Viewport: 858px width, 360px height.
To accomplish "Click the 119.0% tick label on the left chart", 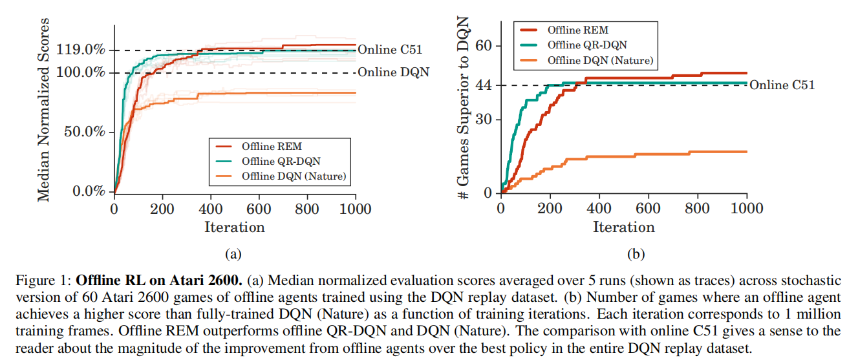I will click(80, 50).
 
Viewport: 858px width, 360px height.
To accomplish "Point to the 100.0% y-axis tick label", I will click(80, 72).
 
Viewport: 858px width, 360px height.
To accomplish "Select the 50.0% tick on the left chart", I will click(84, 132).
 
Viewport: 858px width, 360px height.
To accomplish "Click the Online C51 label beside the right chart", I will click(782, 85).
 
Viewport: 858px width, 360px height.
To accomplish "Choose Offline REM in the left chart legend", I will click(272, 147).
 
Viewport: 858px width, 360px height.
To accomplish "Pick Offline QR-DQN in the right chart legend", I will click(587, 45).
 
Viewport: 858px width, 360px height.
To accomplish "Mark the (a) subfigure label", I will click(233, 254).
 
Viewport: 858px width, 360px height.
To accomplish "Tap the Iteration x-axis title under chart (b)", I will click(624, 227).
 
